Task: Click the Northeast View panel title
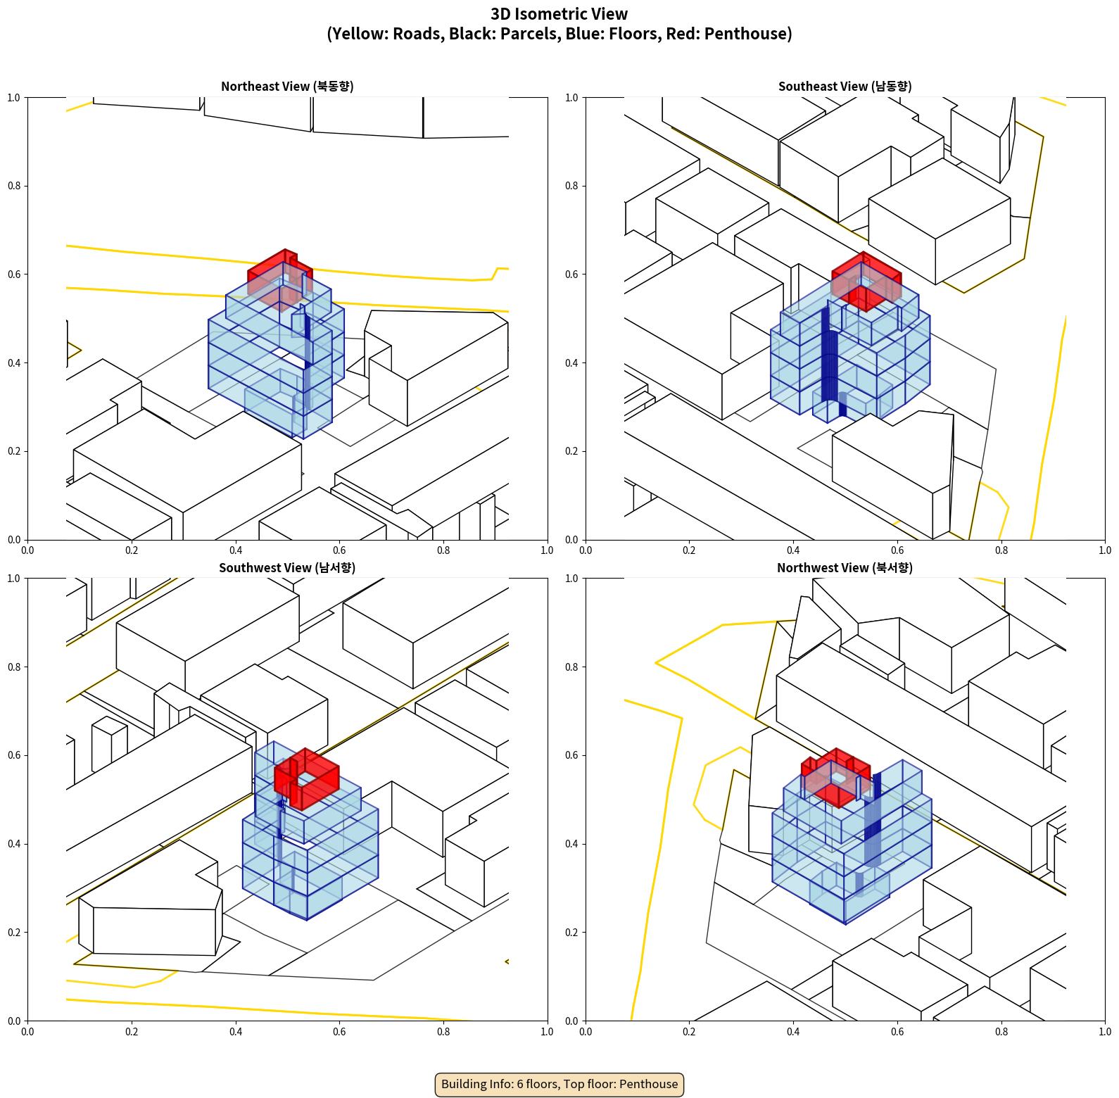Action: click(287, 86)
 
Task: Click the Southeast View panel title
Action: click(845, 86)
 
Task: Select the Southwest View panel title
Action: click(287, 567)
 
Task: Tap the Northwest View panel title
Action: click(845, 567)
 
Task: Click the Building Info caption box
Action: click(559, 1084)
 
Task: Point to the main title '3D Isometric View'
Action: click(559, 14)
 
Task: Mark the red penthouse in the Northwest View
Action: click(836, 777)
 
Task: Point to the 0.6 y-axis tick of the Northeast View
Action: click(14, 274)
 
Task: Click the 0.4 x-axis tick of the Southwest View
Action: click(236, 1032)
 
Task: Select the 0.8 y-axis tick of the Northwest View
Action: click(572, 667)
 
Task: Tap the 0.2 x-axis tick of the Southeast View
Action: click(689, 550)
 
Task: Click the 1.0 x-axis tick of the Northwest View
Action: click(1105, 1032)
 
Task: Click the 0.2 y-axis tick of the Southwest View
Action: click(14, 933)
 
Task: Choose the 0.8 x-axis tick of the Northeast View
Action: click(443, 550)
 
